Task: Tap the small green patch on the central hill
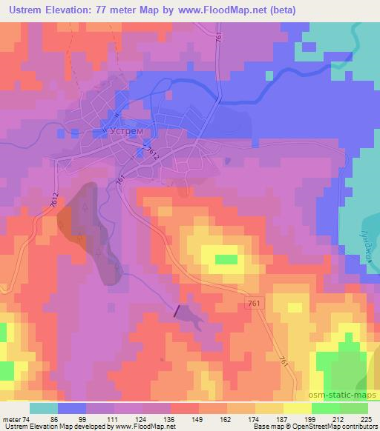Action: point(226,260)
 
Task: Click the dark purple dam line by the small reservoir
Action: point(177,313)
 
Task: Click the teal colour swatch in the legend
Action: point(44,408)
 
